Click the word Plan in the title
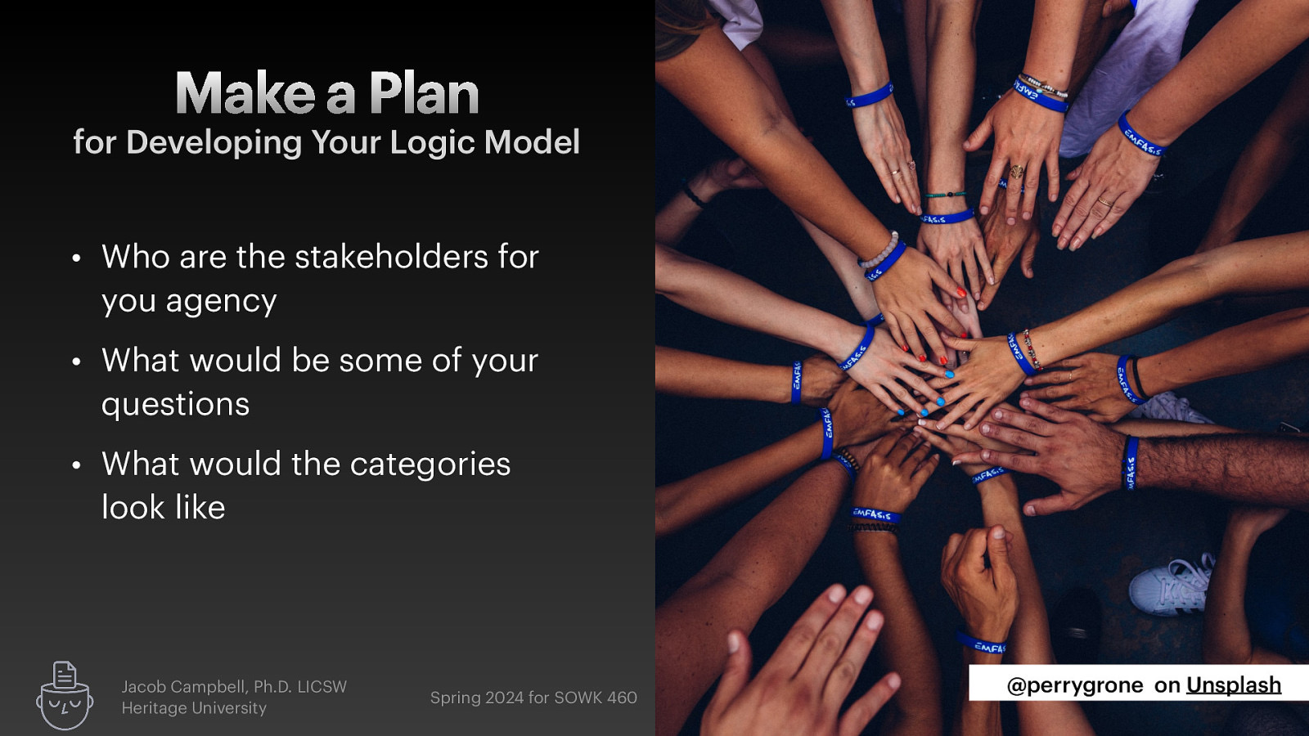(424, 94)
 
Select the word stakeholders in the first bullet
(391, 257)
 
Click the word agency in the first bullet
(221, 302)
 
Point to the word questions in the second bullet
(175, 404)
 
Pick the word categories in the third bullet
(430, 464)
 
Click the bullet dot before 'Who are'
(76, 258)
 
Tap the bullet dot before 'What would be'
(76, 361)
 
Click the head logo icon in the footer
(64, 696)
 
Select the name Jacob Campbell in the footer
(184, 687)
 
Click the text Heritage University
(194, 708)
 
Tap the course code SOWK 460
(596, 698)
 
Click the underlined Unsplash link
(1233, 685)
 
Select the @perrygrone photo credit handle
(1074, 685)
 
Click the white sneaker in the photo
(1171, 584)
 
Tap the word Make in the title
(245, 94)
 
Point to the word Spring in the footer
(455, 698)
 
